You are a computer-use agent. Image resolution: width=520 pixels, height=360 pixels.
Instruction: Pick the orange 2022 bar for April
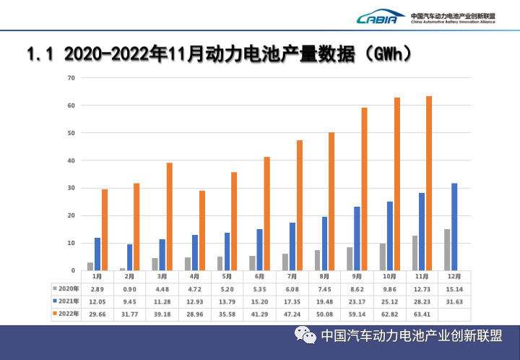coord(202,231)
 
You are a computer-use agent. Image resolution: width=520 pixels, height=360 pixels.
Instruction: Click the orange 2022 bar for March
coord(170,217)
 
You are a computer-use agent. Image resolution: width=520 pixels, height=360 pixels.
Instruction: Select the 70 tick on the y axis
coord(71,77)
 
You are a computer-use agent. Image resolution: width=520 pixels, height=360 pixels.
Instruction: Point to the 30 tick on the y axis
coord(71,188)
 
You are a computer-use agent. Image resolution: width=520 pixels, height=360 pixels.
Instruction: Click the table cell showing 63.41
coord(422,314)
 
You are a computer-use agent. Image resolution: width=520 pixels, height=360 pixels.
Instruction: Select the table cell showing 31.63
coord(454,301)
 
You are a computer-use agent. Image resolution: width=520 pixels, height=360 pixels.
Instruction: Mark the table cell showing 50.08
coord(325,314)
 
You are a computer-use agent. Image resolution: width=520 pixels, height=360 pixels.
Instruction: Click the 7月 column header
coord(292,276)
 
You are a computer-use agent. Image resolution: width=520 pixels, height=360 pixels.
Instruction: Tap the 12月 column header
coord(454,276)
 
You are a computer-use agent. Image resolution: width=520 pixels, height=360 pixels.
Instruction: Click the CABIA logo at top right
coord(377,17)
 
